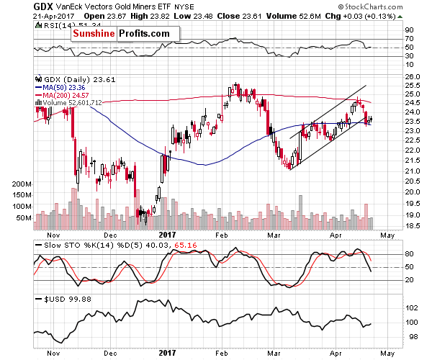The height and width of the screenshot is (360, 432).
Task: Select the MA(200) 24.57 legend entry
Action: [59, 95]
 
